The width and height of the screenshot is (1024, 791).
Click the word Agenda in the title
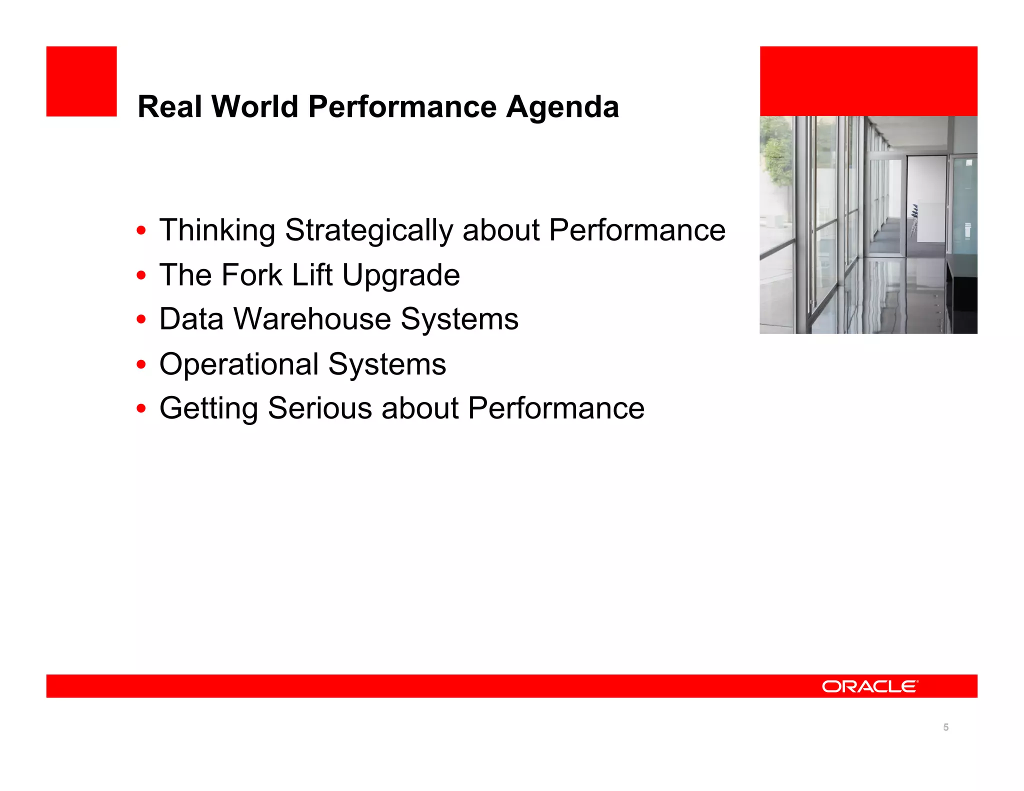point(562,107)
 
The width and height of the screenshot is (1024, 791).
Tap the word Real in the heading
point(169,107)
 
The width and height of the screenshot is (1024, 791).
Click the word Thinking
point(217,231)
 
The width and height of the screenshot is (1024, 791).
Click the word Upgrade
point(400,276)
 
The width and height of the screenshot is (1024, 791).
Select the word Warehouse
point(312,319)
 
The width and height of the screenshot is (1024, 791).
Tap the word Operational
point(238,364)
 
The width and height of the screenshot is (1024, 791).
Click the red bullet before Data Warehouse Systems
point(141,319)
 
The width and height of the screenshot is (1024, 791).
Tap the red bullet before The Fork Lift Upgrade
point(141,275)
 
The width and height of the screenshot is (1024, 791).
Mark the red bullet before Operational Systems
point(141,364)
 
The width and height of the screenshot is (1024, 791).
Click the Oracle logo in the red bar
point(869,686)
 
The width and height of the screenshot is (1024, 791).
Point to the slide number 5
point(945,727)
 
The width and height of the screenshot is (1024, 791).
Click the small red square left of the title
point(81,81)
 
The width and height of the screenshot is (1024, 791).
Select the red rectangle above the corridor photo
point(868,81)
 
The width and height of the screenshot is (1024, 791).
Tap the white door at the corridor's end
point(925,200)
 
